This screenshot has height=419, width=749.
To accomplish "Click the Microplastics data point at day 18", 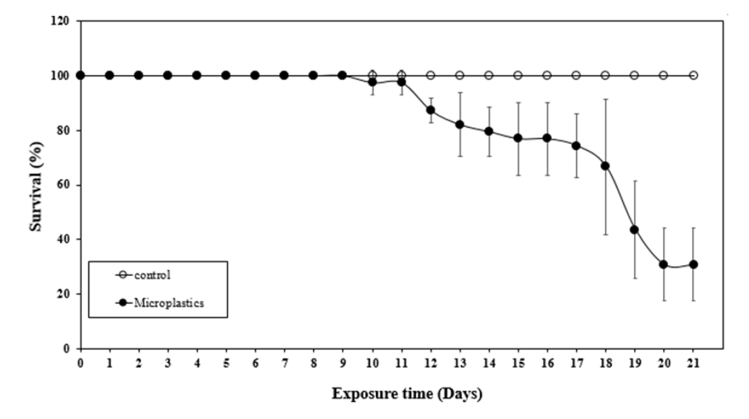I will point(605,166).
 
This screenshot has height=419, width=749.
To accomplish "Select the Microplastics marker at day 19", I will point(634,230).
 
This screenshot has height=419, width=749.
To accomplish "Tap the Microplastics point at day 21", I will point(693,264).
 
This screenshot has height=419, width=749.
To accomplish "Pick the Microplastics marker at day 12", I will point(430,110).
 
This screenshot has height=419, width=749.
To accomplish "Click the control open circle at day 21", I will point(693,75).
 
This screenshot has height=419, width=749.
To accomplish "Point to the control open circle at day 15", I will point(518,75).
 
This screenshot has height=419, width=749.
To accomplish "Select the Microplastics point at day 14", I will point(489,131).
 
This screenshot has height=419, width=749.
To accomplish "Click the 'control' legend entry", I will point(153,275).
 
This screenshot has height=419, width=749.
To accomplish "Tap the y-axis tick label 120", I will point(65,21).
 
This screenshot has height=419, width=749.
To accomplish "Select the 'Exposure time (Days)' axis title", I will point(406,394).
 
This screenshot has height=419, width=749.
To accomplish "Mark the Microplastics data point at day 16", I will point(547,138).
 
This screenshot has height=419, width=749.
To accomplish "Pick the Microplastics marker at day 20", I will point(663,264).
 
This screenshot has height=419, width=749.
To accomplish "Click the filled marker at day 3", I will point(167,75).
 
